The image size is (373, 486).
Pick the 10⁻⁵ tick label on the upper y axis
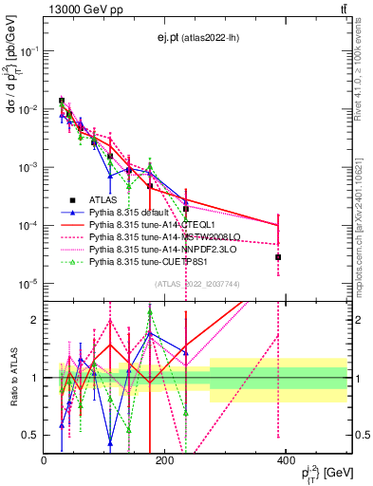(x=28, y=283)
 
